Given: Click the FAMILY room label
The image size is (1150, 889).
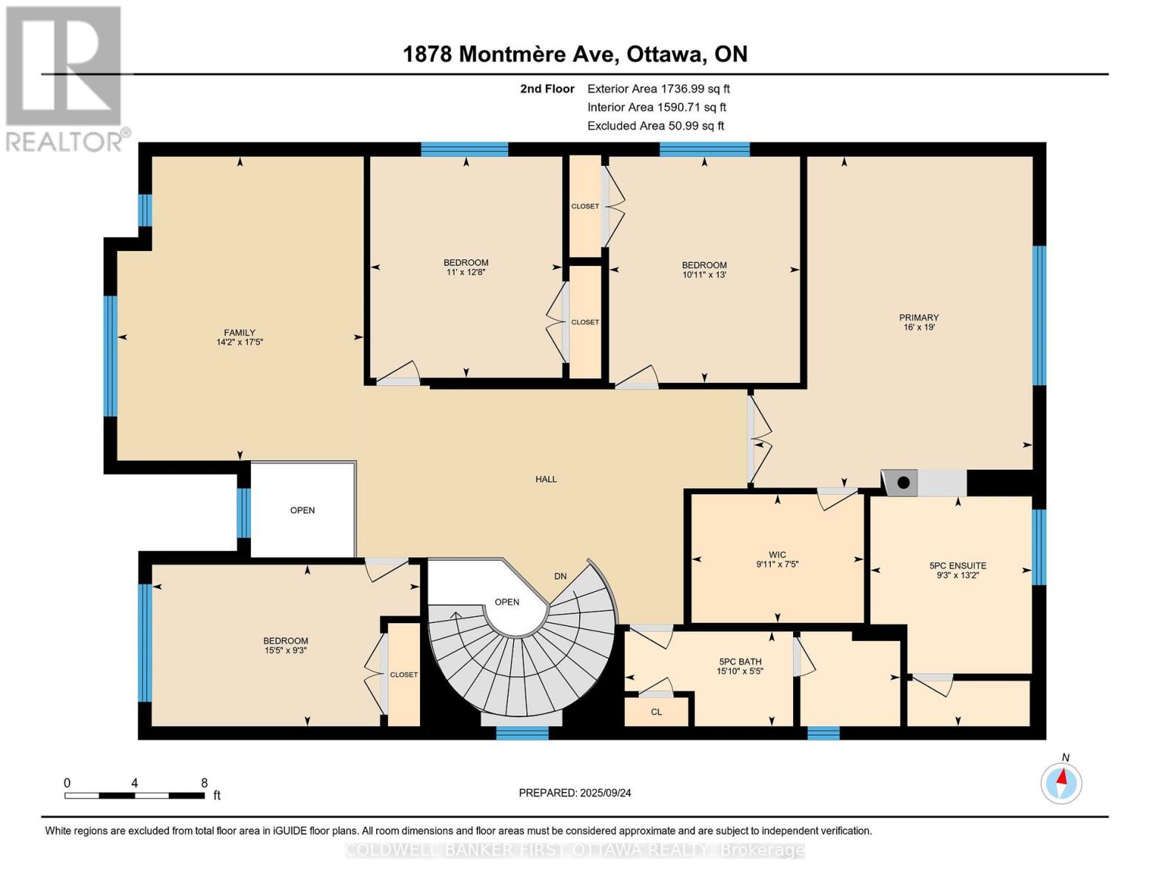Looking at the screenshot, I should tap(239, 333).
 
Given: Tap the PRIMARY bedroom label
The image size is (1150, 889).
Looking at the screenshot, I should tap(918, 317).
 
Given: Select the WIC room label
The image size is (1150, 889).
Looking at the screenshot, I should tap(777, 554).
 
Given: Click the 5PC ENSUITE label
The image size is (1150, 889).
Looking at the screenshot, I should tap(957, 565).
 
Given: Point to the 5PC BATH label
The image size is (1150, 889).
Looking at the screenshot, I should tap(740, 662).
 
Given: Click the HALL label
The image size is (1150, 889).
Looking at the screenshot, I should tap(546, 479).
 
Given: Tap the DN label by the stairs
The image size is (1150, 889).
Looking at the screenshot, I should tap(560, 576).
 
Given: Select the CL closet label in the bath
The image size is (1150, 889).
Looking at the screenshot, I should tap(656, 712).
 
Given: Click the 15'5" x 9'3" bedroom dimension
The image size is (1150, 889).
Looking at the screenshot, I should tap(285, 650).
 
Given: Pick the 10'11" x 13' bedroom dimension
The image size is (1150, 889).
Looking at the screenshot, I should tap(703, 275).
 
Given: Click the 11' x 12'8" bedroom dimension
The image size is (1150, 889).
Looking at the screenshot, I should tap(466, 272).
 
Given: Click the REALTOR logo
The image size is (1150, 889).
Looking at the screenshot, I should tap(64, 78).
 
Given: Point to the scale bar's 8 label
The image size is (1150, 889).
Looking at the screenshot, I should tap(204, 783).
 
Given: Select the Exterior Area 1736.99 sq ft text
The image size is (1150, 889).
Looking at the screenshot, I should tap(658, 89).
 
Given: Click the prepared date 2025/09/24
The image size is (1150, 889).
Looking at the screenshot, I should tap(575, 793).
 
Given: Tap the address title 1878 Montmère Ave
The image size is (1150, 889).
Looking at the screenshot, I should tap(575, 54).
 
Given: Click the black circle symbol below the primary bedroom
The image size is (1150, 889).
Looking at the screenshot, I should tap(903, 483).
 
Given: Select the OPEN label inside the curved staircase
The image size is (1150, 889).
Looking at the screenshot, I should tap(507, 602).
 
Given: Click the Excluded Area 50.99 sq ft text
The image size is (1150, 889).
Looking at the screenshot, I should tap(655, 126).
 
